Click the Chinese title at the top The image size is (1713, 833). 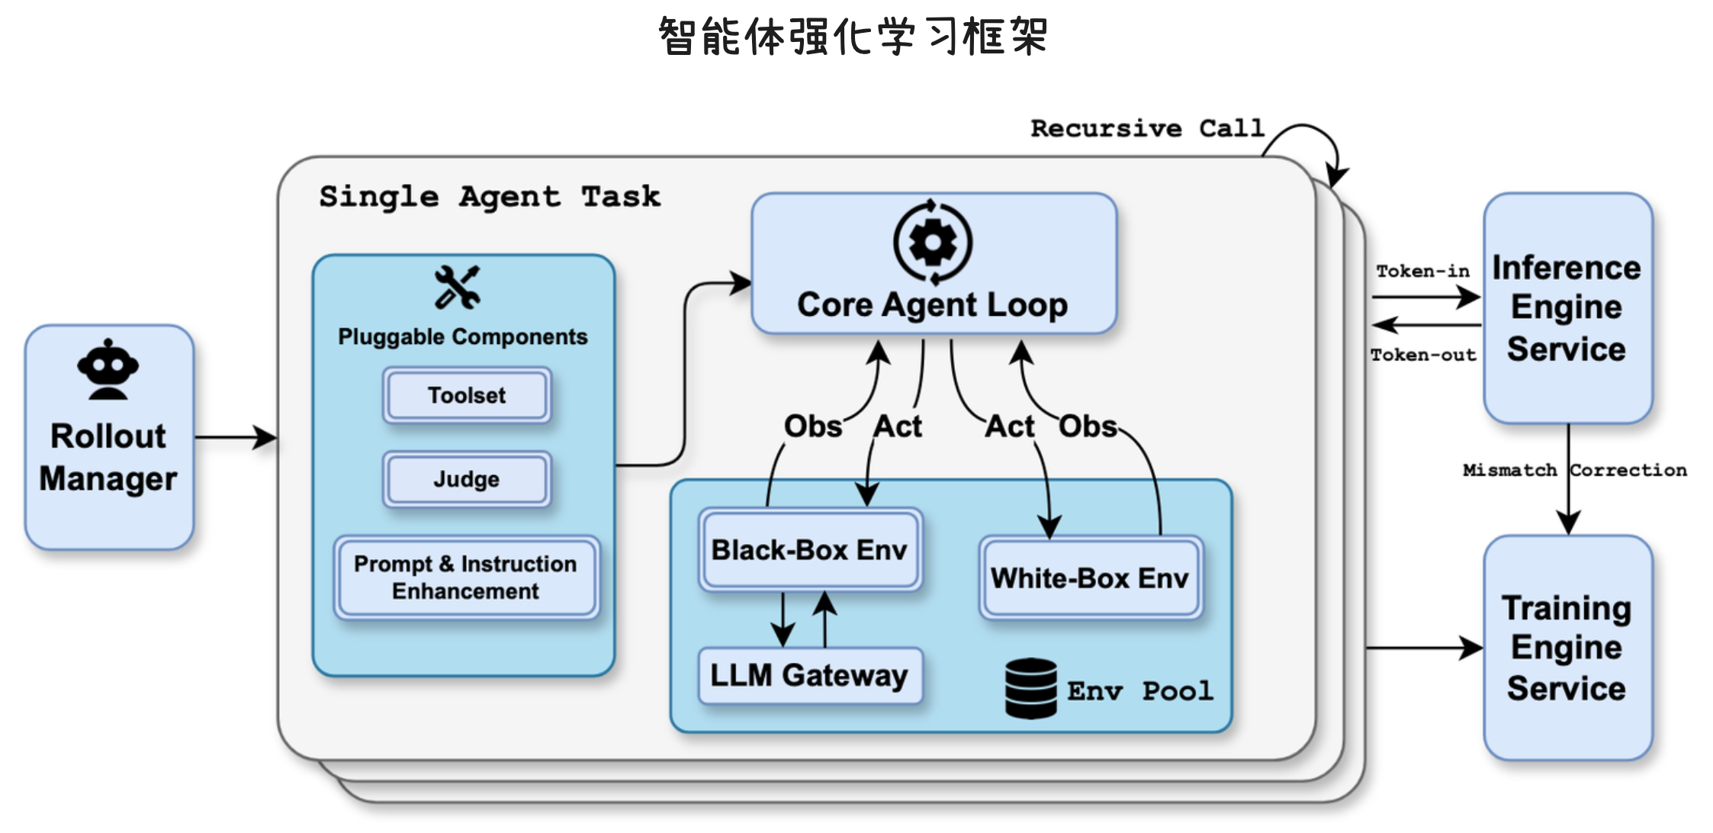coord(853,36)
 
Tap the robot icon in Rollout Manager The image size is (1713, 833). coord(108,370)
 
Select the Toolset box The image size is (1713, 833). coord(466,395)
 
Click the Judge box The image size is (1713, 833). coord(466,479)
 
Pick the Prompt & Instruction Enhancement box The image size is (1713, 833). coord(465,577)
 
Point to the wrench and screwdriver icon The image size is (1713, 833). coord(457,288)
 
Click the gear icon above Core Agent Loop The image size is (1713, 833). coord(932,243)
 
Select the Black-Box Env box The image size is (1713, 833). coord(809,550)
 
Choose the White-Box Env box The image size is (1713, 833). coord(1090,578)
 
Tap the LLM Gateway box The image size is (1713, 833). coord(809,676)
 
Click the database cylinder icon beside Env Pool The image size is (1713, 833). coord(1030,688)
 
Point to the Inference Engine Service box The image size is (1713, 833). coord(1567,308)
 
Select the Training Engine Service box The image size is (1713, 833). coord(1567,648)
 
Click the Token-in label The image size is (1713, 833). coord(1422,272)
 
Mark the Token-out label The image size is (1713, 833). coord(1423,355)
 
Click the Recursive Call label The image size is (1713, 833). coord(1147,128)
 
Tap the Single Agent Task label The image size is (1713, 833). coord(489,197)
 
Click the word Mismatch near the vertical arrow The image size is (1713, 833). coord(1509,471)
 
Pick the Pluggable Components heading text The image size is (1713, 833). coord(462,337)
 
